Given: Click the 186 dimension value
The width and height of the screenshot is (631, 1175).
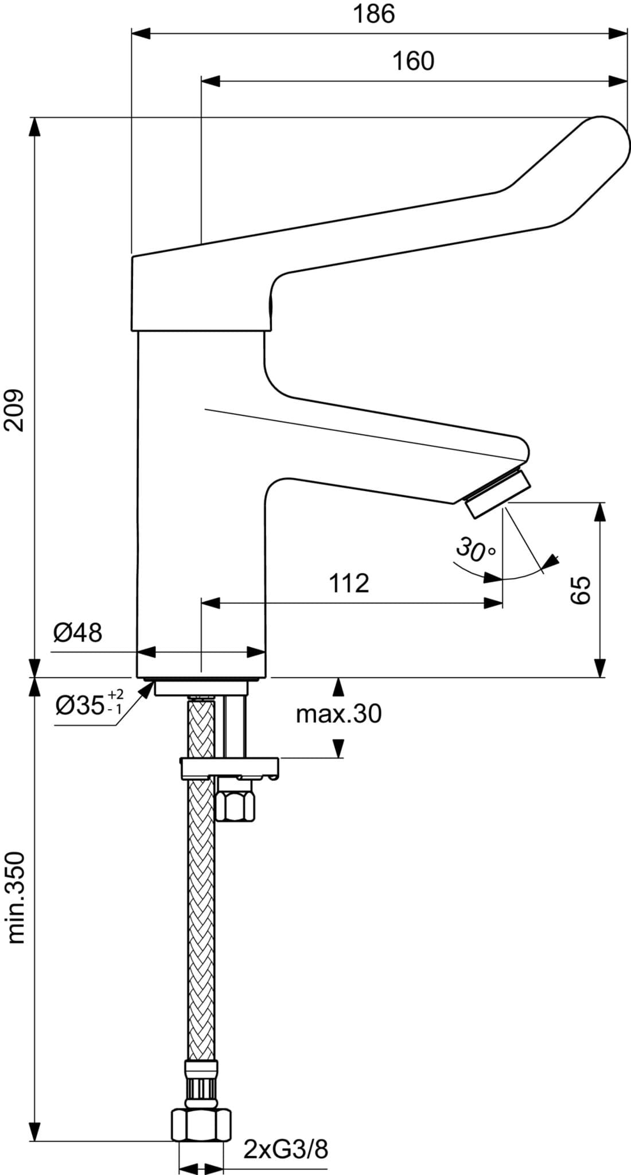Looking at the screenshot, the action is [x=373, y=14].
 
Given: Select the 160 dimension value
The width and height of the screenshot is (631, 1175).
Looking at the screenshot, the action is [x=413, y=61].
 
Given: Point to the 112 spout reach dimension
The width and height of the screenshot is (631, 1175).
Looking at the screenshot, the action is [x=349, y=583].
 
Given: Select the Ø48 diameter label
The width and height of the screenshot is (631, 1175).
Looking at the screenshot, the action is [x=77, y=633].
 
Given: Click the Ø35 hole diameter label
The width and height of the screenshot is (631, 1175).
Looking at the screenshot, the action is [x=89, y=703].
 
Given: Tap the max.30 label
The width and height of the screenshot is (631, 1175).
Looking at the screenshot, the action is [x=338, y=714].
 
